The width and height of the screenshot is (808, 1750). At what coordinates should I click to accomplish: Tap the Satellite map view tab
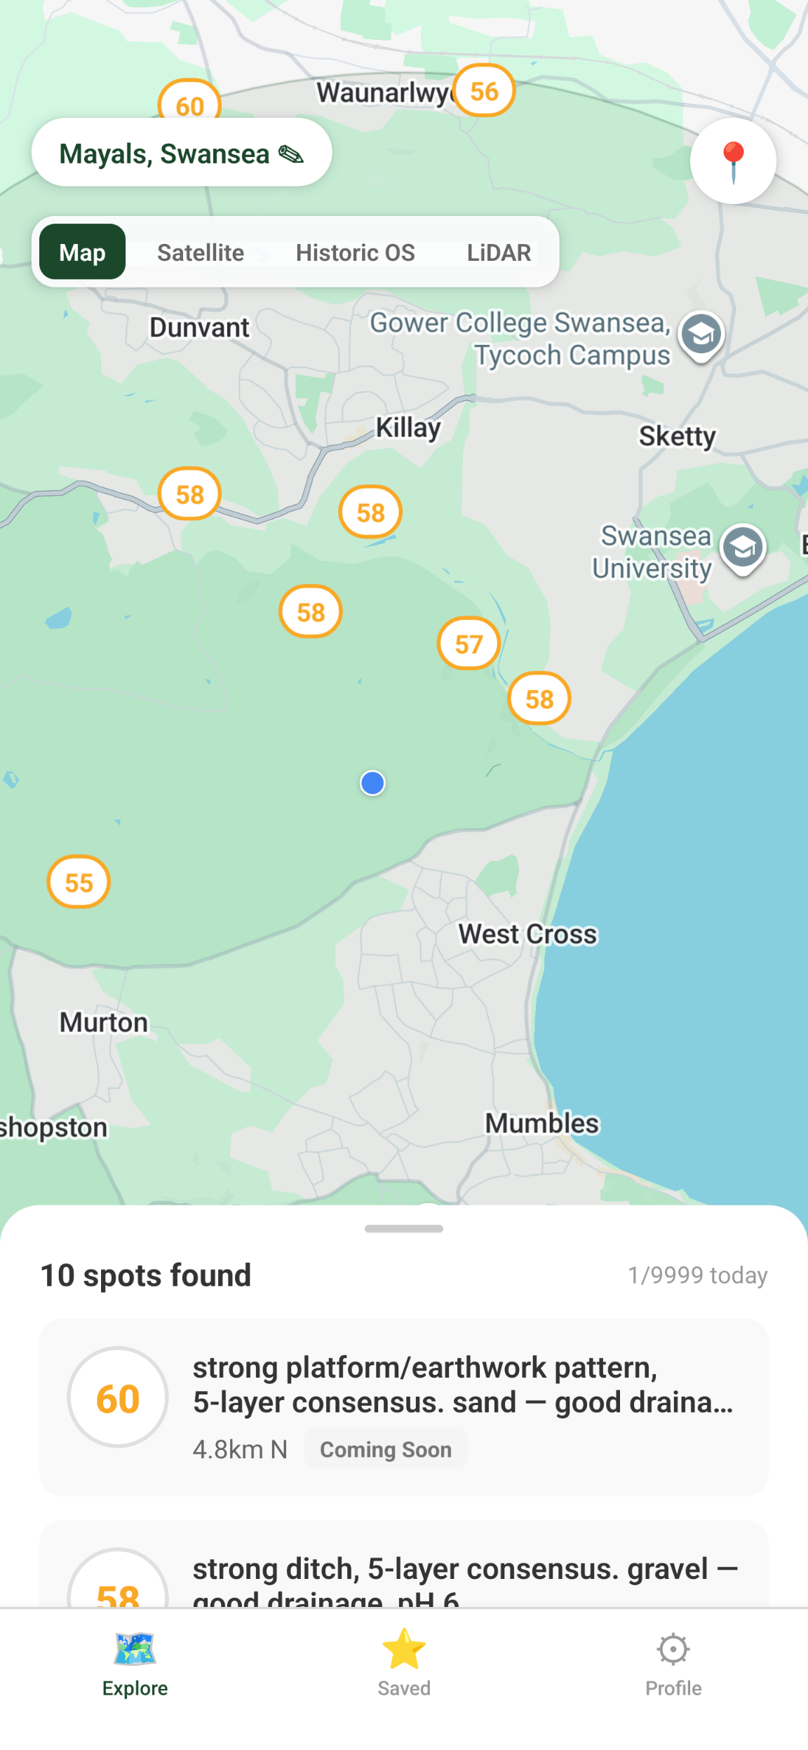click(201, 252)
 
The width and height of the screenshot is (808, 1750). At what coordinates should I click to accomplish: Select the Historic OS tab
click(355, 252)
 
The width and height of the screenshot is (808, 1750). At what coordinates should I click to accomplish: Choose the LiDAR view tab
click(499, 252)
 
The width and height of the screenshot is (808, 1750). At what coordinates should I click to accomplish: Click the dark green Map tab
click(83, 252)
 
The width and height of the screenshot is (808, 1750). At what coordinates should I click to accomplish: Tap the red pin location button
click(733, 161)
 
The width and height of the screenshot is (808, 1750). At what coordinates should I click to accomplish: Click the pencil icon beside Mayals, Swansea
click(291, 154)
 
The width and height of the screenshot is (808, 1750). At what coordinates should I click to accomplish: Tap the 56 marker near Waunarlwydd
click(484, 91)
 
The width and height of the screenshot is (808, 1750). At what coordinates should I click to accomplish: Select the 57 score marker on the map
click(469, 644)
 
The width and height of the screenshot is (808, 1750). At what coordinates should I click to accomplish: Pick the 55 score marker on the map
click(79, 882)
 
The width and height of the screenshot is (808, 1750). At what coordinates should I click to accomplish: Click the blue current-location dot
click(372, 783)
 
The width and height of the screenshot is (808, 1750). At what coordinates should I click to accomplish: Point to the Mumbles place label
click(542, 1123)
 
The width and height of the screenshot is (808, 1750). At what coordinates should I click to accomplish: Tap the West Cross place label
click(527, 934)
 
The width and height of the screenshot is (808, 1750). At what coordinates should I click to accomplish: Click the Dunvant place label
click(200, 327)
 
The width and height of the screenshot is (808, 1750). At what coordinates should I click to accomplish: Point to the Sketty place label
click(677, 436)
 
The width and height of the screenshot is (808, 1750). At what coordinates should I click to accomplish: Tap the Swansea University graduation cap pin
click(743, 548)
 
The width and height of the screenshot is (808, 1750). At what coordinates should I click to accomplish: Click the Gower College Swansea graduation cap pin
click(701, 334)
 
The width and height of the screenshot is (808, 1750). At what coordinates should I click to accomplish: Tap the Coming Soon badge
click(386, 1449)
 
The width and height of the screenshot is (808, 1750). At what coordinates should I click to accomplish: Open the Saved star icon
click(404, 1649)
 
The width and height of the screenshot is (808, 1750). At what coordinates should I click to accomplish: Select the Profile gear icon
click(673, 1649)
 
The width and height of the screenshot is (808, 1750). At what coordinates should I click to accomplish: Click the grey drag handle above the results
click(404, 1228)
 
